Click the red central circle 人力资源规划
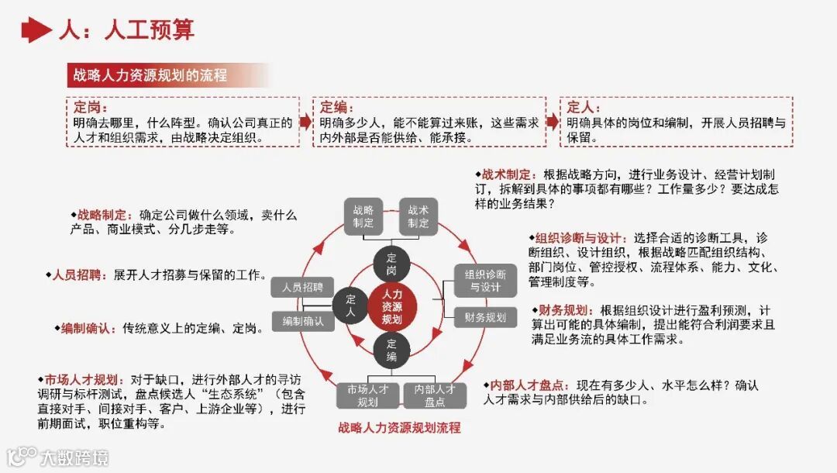click(x=392, y=306)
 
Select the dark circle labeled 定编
click(x=392, y=350)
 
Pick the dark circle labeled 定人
click(x=350, y=306)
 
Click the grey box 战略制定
click(x=363, y=216)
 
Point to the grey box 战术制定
click(x=419, y=216)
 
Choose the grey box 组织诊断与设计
click(x=485, y=281)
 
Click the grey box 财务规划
click(x=485, y=316)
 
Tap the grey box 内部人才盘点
click(x=435, y=395)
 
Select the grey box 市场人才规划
click(x=367, y=395)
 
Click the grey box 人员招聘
click(x=302, y=287)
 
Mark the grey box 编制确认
click(x=302, y=320)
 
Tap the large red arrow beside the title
click(x=35, y=30)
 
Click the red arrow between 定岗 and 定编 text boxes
click(x=305, y=123)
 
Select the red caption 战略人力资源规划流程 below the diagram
click(x=399, y=427)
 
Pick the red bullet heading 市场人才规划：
click(x=80, y=379)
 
